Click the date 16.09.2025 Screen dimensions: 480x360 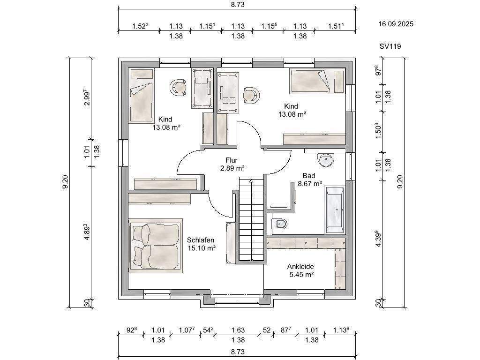coord(396,24)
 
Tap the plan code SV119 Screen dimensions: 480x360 coord(390,46)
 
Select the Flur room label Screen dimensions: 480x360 coord(232,160)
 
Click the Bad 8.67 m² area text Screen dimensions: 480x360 coord(310,184)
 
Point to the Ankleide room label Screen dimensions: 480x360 coord(300,267)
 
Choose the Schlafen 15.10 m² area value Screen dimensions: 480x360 coord(202,248)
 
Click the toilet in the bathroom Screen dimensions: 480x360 coord(279,224)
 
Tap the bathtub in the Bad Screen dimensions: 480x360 coord(335,210)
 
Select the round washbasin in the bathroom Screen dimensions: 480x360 coord(326,159)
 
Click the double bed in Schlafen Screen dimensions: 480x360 coord(156,246)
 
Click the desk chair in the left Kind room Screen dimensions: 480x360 coord(178,88)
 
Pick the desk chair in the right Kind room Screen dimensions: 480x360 coord(252,96)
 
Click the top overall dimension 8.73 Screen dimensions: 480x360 coord(238,5)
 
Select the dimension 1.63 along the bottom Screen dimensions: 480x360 coord(238,330)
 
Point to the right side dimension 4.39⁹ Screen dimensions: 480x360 coord(378,239)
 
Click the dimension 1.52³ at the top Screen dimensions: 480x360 coord(140,26)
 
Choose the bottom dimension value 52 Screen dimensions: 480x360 coord(267,330)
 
